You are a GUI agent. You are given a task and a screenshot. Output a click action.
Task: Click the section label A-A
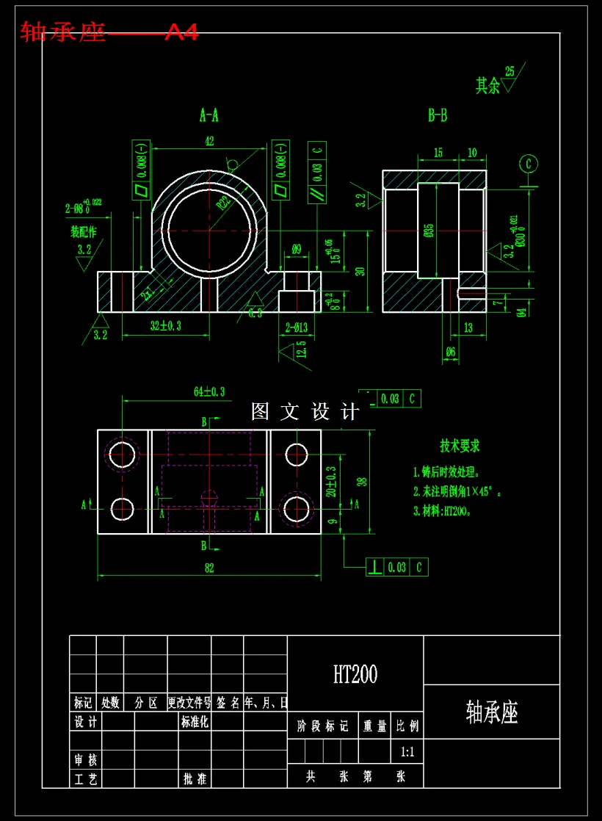(209, 115)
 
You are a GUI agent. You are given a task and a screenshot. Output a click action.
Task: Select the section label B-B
(438, 115)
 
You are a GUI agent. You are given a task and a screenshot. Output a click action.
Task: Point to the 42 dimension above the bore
(210, 142)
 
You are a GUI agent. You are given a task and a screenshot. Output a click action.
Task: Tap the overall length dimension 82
(209, 568)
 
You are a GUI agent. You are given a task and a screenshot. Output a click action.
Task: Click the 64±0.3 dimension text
(209, 392)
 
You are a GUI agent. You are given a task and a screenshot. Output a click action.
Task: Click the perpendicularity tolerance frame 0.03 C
(397, 567)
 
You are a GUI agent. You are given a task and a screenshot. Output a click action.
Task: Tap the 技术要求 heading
(460, 446)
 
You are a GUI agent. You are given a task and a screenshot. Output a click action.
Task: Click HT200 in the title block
(355, 674)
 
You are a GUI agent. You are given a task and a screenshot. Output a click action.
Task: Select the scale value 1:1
(407, 752)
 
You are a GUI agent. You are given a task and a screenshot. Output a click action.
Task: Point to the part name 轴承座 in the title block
(492, 712)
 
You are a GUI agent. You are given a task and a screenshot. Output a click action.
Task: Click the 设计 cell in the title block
(85, 723)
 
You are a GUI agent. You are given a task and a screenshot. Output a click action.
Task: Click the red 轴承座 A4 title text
(109, 32)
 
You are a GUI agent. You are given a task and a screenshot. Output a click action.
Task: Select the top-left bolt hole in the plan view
(122, 455)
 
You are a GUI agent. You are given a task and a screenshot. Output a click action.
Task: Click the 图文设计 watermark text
(305, 411)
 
